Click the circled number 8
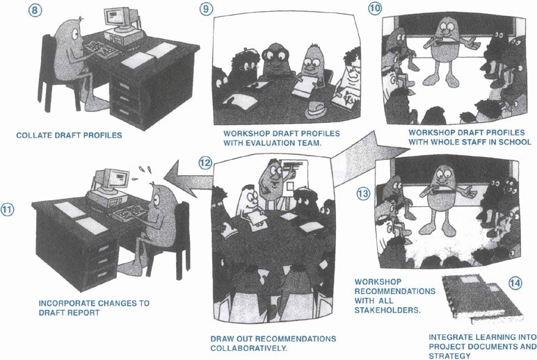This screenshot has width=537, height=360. [x=35, y=10]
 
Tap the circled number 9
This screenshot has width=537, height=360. [x=206, y=9]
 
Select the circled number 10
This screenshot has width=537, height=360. [x=375, y=8]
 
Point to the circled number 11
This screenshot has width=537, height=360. [x=7, y=209]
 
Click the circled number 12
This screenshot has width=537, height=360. [x=205, y=163]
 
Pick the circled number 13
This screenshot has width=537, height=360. [x=363, y=194]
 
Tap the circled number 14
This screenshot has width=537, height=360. [x=515, y=283]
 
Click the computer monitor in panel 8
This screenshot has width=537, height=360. [x=118, y=18]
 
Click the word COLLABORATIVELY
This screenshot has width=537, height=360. [x=249, y=348]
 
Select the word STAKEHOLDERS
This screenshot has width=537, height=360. [x=387, y=310]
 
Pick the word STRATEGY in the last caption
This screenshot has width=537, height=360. [x=449, y=356]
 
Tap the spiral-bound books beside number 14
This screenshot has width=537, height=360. [x=482, y=298]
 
